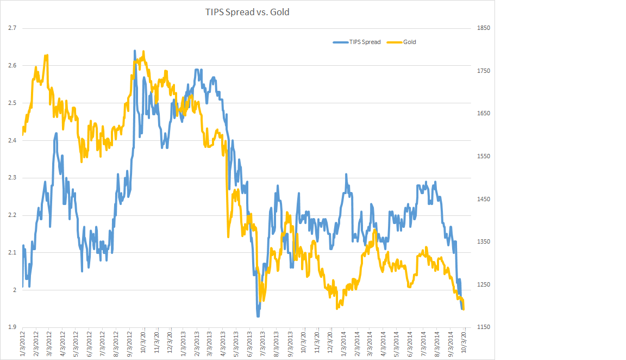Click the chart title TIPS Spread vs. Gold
[x=247, y=11]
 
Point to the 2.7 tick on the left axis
[x=12, y=28]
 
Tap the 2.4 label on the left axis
[x=12, y=140]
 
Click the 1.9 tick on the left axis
[x=12, y=327]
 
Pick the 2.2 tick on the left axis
[x=12, y=215]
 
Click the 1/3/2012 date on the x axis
[x=23, y=344]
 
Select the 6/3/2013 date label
[x=249, y=344]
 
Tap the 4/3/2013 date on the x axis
[x=223, y=344]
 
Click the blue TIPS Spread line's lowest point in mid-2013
[x=258, y=315]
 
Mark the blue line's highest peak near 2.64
[x=135, y=51]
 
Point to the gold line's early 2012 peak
[x=47, y=55]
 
